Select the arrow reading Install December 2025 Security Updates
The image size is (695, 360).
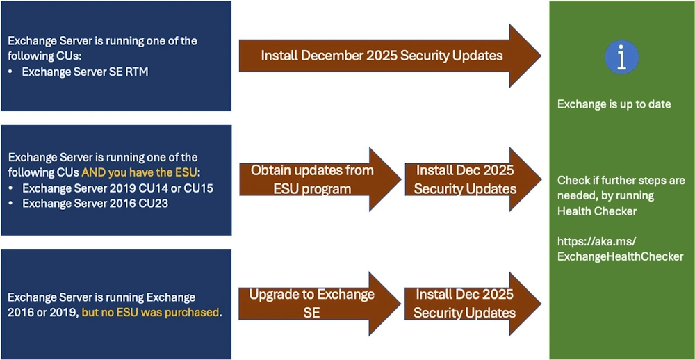(382, 56)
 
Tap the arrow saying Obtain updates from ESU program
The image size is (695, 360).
(312, 179)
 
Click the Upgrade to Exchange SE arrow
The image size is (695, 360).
(312, 304)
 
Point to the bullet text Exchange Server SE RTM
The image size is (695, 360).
(85, 71)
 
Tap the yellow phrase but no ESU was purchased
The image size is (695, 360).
(151, 313)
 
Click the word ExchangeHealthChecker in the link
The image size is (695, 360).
(621, 256)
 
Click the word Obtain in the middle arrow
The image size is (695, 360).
(272, 170)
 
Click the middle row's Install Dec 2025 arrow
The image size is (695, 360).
(465, 179)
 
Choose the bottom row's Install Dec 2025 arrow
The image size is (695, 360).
(465, 304)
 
